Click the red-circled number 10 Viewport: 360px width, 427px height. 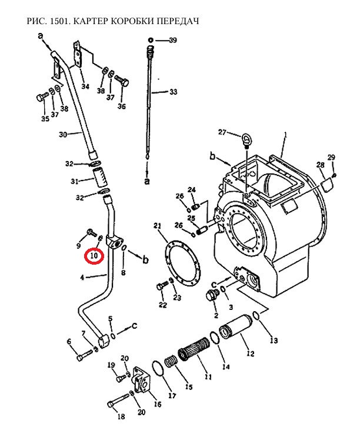coord(94,256)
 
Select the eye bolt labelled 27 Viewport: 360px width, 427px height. coord(246,140)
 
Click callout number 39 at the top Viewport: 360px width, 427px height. coord(173,41)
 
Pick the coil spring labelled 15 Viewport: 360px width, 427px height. coord(171,363)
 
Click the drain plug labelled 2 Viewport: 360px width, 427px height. coord(213,296)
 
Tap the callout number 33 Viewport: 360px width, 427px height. coord(173,92)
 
